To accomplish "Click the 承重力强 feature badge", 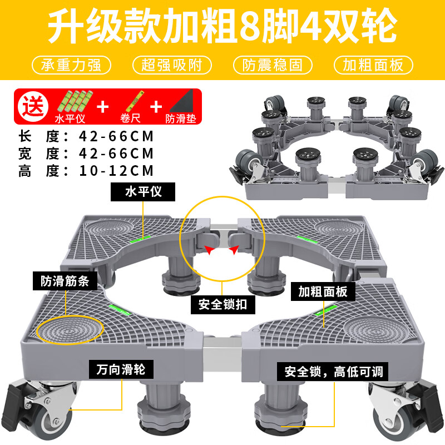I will pos(71,65).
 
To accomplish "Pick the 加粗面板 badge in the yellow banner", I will pos(373,65).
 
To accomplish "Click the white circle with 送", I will pos(32,106).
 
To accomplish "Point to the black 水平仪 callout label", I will pos(143,192).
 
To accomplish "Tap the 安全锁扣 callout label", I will pos(222,304).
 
